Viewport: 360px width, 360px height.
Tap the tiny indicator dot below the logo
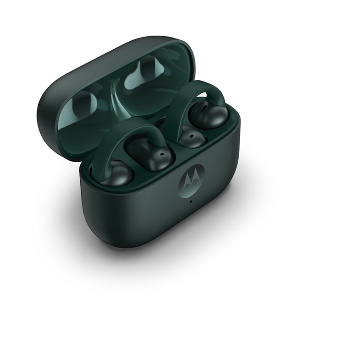click(190, 202)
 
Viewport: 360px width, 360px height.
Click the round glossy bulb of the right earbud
click(210, 114)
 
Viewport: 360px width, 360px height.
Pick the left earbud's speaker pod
click(150, 152)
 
